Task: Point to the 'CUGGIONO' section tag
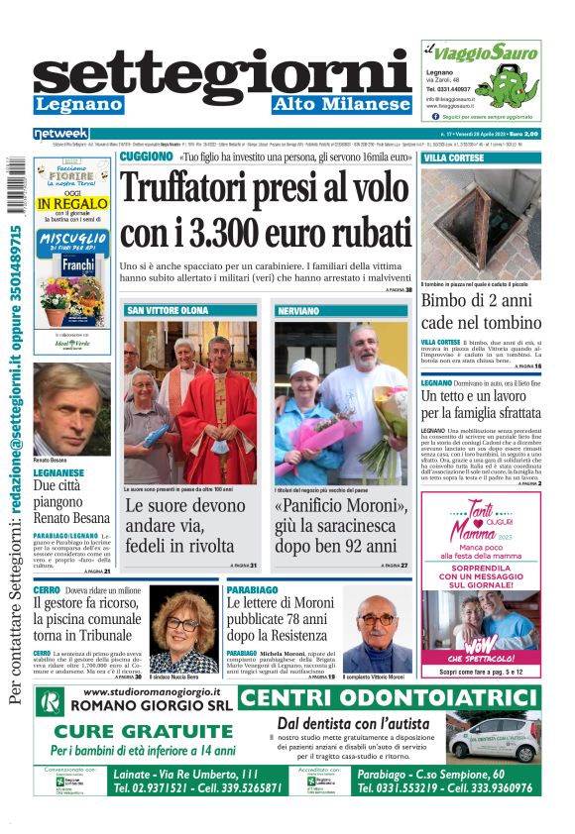(146, 156)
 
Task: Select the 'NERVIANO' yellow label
(298, 311)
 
